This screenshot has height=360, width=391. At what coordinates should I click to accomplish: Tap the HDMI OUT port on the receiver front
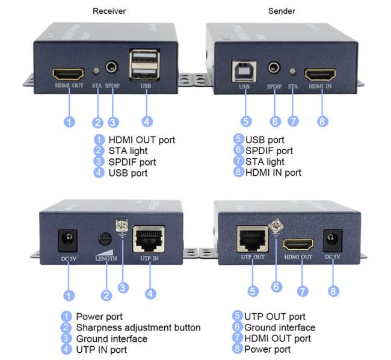pyautogui.click(x=69, y=75)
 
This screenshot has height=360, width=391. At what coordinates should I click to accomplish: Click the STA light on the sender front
pyautogui.click(x=293, y=72)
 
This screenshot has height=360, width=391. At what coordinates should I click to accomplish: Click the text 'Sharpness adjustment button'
pyautogui.click(x=138, y=327)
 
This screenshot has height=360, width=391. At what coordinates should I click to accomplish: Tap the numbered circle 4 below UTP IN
pyautogui.click(x=150, y=293)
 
